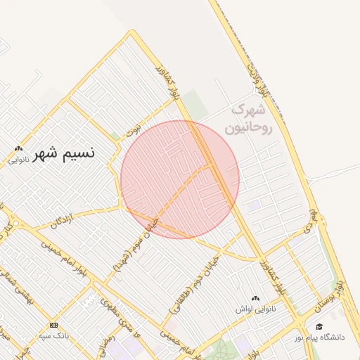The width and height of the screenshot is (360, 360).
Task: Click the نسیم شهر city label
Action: [65, 152]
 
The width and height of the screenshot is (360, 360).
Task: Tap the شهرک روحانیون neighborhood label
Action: [248, 119]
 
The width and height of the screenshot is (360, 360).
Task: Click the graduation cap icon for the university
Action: [320, 327]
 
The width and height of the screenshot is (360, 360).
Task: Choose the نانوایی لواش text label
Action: [255, 309]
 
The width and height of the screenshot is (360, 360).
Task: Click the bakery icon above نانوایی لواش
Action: [255, 299]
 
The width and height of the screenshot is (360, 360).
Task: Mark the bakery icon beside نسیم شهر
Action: [18, 148]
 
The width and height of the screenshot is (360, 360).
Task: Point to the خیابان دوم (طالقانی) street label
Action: [207, 271]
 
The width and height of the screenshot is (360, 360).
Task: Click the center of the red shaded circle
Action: [180, 179]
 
